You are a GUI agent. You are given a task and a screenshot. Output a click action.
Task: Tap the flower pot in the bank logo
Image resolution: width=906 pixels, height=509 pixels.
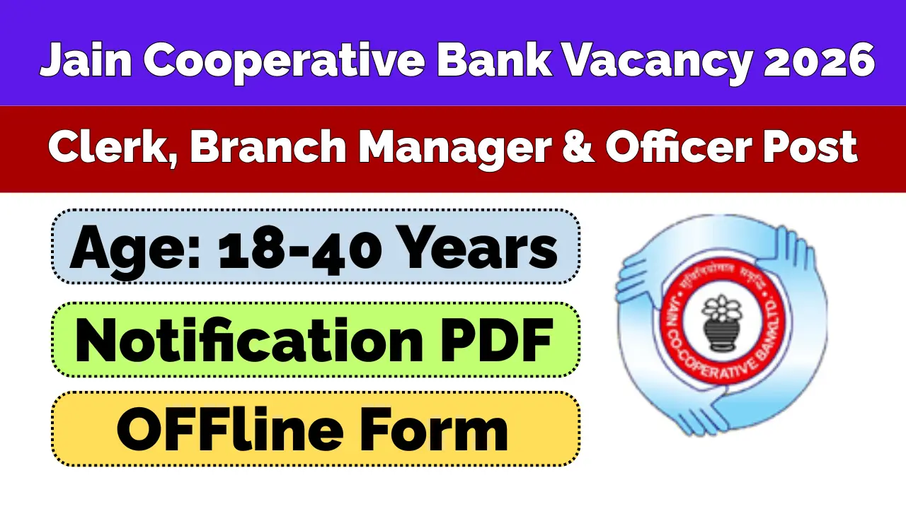721,321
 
